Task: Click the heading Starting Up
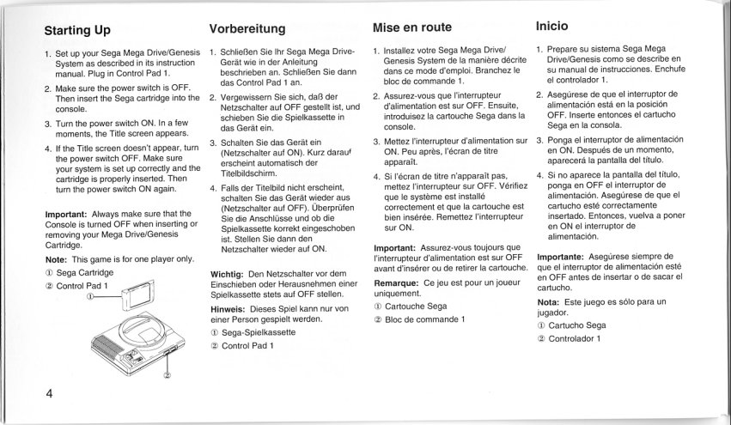click(x=77, y=31)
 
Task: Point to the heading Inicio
click(x=556, y=26)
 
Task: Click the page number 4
click(x=51, y=395)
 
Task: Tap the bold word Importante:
click(x=565, y=256)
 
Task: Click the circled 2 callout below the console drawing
click(x=168, y=373)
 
